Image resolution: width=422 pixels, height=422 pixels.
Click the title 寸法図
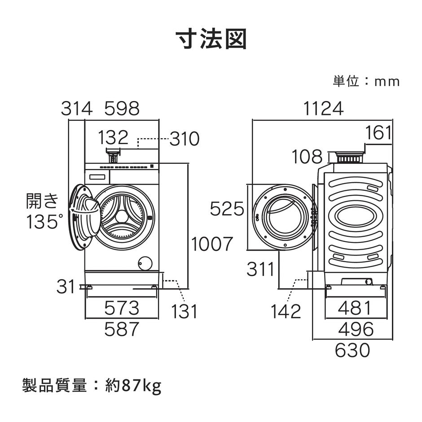point(211,40)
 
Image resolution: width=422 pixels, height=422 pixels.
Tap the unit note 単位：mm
point(366,81)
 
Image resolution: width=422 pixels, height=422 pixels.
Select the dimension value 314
point(77,109)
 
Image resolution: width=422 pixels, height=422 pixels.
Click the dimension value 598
point(122,109)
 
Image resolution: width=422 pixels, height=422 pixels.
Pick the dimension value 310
point(185,140)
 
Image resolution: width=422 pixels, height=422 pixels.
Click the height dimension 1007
point(213,244)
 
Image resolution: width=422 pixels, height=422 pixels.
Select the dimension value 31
point(66,286)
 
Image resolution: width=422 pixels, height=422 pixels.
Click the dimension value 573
point(122,308)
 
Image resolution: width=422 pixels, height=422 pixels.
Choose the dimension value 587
point(122,330)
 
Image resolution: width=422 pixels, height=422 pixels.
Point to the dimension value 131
point(185,311)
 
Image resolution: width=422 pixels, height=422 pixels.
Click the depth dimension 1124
point(323,109)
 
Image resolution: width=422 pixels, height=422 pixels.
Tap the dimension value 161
point(378,133)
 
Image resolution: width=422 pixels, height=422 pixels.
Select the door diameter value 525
point(227,209)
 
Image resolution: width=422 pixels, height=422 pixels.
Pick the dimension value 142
point(286,311)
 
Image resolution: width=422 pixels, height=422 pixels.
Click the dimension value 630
point(352,350)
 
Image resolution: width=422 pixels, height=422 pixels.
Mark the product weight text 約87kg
point(133,386)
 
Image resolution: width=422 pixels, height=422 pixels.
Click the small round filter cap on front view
point(145,263)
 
